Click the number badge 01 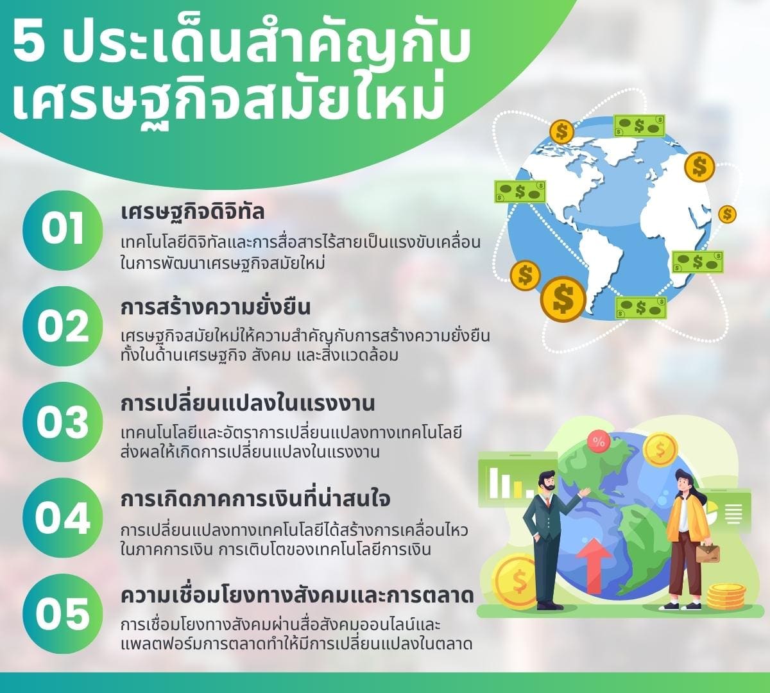(62, 229)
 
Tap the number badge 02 (62, 325)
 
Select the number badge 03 (62, 422)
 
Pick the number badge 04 (62, 518)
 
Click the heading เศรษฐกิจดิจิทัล (193, 212)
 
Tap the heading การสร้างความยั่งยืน (216, 307)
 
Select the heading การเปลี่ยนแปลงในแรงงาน (248, 404)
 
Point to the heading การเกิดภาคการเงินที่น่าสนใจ (255, 499)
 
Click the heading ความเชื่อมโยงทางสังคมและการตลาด (297, 595)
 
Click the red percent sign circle (599, 441)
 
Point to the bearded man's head (547, 481)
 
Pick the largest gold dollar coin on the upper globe (563, 298)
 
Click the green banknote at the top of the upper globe (639, 126)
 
